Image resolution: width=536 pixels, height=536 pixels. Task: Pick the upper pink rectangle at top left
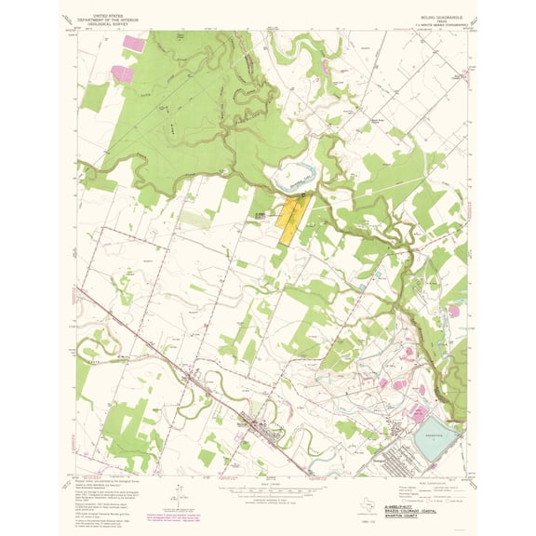(134, 42)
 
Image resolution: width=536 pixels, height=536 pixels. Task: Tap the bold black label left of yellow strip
(260, 212)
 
